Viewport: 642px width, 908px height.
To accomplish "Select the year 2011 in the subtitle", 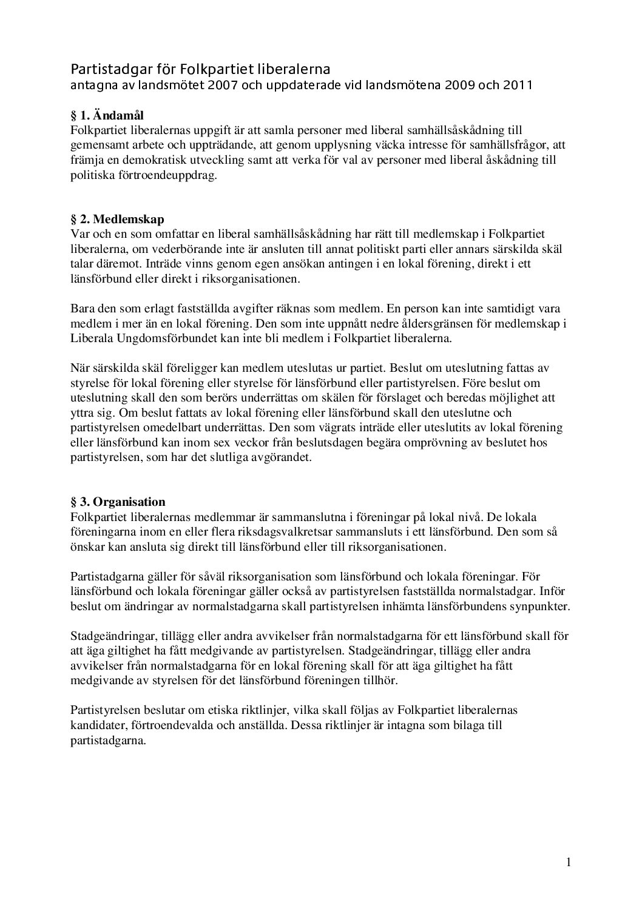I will [x=518, y=85].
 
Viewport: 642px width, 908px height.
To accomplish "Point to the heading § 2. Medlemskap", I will [x=118, y=219].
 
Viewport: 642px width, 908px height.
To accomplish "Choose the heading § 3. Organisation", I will [x=118, y=502].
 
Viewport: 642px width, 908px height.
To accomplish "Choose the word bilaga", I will [x=464, y=725].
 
